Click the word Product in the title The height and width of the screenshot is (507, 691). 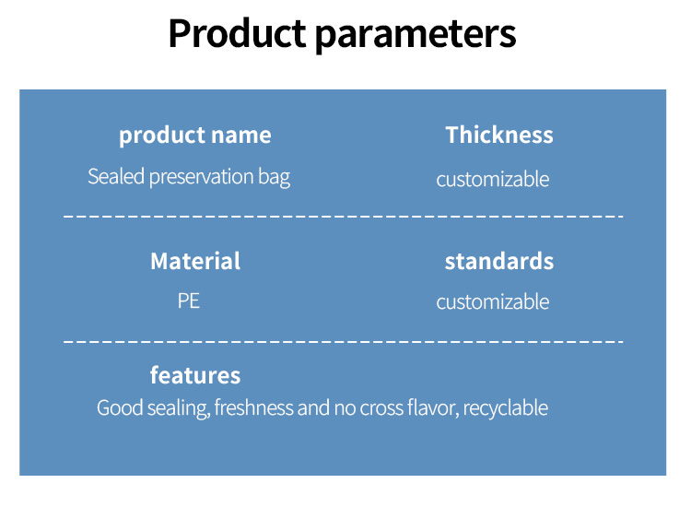(237, 33)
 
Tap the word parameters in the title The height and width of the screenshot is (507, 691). (416, 36)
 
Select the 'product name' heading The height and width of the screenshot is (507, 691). (194, 136)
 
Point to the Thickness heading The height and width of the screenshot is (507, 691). (498, 135)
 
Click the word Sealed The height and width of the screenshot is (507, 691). (116, 176)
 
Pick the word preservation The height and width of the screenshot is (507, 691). (202, 178)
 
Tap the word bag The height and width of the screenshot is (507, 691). (274, 178)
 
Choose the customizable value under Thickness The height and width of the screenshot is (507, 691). (493, 180)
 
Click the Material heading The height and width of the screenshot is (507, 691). (195, 261)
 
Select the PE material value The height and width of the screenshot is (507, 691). (189, 301)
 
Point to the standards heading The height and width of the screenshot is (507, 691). (498, 261)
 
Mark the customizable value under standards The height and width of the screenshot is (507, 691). (493, 302)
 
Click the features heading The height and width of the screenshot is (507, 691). (195, 375)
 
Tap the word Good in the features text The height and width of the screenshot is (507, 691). (120, 407)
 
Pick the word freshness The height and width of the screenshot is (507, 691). (254, 407)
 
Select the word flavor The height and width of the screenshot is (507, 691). (431, 407)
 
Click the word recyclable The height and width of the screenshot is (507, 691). (505, 408)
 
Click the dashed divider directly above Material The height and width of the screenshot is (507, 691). (343, 217)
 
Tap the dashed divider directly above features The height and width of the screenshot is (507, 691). (343, 342)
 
